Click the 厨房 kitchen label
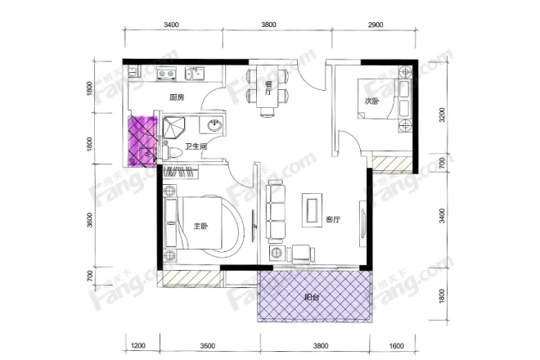pos(177,97)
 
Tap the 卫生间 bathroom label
pos(196,146)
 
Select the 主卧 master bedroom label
pos(200,227)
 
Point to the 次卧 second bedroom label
pos(372,101)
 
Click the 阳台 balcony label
pos(312,297)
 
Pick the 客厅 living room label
pos(333,219)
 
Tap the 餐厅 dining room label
pos(268,88)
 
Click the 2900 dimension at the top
pos(376,25)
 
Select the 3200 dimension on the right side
pos(442,115)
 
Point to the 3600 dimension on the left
pos(89,220)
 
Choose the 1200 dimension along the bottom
pos(138,345)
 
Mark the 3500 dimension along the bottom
pos(208,345)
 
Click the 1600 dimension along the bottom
pos(396,345)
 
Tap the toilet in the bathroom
pos(173,152)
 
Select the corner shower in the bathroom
pos(173,128)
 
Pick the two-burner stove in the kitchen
pos(165,74)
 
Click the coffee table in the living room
pos(313,209)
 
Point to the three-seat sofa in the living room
pos(276,212)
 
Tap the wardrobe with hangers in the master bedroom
pos(181,172)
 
